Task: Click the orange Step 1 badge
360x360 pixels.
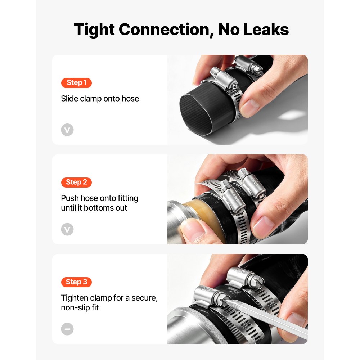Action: click(x=76, y=83)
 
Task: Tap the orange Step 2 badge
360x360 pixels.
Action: click(x=76, y=182)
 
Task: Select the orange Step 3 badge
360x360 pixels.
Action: click(x=76, y=282)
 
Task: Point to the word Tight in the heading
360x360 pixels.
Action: click(x=94, y=30)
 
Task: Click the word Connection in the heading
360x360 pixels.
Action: click(x=166, y=30)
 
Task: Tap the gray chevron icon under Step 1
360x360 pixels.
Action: click(x=67, y=130)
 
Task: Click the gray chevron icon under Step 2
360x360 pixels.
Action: click(x=67, y=229)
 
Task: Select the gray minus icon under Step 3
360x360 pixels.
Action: click(x=67, y=329)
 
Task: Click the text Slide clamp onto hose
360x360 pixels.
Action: click(x=100, y=99)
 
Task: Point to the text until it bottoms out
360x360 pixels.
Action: click(x=94, y=208)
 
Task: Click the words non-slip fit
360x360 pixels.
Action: click(x=80, y=307)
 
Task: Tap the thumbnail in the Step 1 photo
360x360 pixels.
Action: click(x=249, y=107)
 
